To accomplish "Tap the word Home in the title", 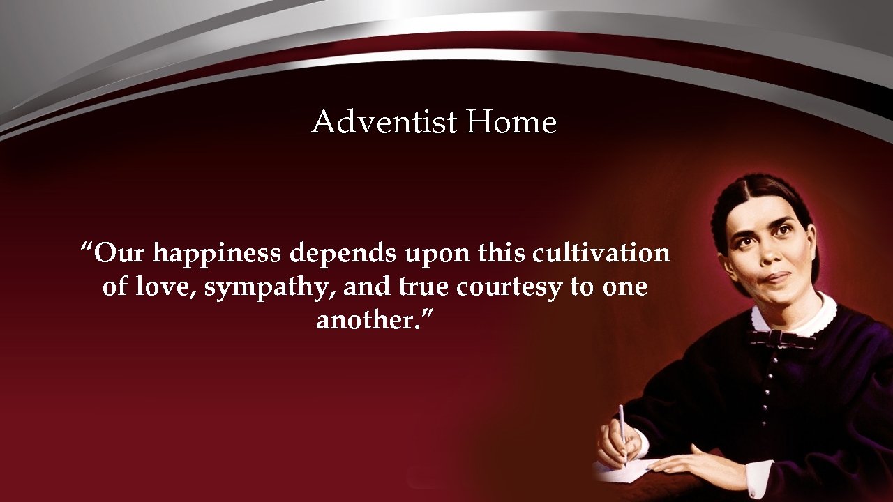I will coord(511,123).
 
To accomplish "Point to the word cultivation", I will coord(601,253).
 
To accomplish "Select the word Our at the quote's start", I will coord(119,253).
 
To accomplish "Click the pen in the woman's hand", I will coord(622,432).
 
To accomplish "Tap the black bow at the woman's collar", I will coord(781,339).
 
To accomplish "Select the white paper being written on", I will coord(625,471).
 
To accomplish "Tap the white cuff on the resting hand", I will coord(759,478).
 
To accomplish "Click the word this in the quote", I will coord(500,253).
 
